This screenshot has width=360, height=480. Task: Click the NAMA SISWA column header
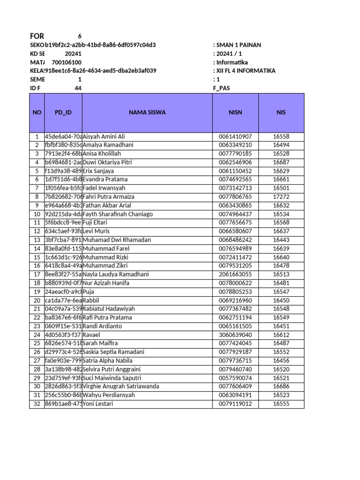(x=147, y=112)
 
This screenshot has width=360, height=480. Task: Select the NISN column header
(x=235, y=112)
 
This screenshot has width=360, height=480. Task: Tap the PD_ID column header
(x=63, y=112)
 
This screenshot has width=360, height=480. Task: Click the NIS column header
(x=281, y=112)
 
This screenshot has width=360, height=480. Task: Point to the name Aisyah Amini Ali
(x=104, y=136)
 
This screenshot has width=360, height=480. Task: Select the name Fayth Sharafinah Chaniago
(x=118, y=214)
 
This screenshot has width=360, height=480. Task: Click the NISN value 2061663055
(x=235, y=275)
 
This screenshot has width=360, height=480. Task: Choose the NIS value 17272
(x=281, y=197)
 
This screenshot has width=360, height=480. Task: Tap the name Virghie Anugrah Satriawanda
(x=121, y=386)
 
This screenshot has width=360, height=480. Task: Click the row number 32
(x=37, y=404)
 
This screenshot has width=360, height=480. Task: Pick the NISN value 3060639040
(x=235, y=335)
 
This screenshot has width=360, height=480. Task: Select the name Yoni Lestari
(x=98, y=404)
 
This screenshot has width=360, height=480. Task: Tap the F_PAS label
(x=222, y=88)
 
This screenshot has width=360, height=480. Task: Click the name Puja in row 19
(x=88, y=292)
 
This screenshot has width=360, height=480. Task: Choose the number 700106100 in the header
(x=66, y=62)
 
